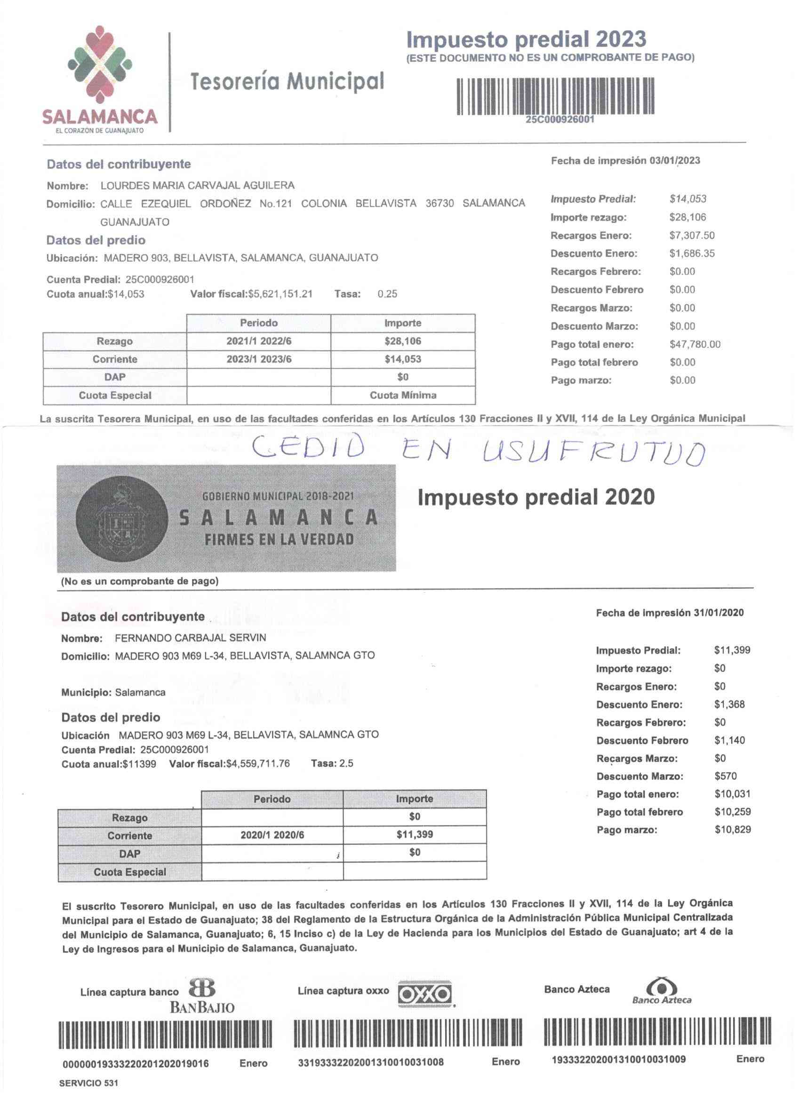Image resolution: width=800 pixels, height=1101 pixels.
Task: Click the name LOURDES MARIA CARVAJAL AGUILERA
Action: tap(197, 186)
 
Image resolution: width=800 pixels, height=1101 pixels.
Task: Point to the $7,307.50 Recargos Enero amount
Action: tap(692, 235)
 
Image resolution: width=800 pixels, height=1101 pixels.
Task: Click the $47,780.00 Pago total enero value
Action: tap(695, 344)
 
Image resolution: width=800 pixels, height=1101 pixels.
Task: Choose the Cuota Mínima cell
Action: tap(403, 395)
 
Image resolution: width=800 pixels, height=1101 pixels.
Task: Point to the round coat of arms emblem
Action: tap(117, 518)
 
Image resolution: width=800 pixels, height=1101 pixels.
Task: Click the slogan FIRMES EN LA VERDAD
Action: tap(279, 539)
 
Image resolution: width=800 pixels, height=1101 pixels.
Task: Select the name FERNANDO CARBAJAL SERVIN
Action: tap(190, 638)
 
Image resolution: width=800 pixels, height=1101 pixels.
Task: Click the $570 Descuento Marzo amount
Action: tap(725, 776)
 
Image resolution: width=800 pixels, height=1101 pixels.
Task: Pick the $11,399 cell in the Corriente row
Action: tap(414, 834)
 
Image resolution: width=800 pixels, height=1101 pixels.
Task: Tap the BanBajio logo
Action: tap(202, 996)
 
